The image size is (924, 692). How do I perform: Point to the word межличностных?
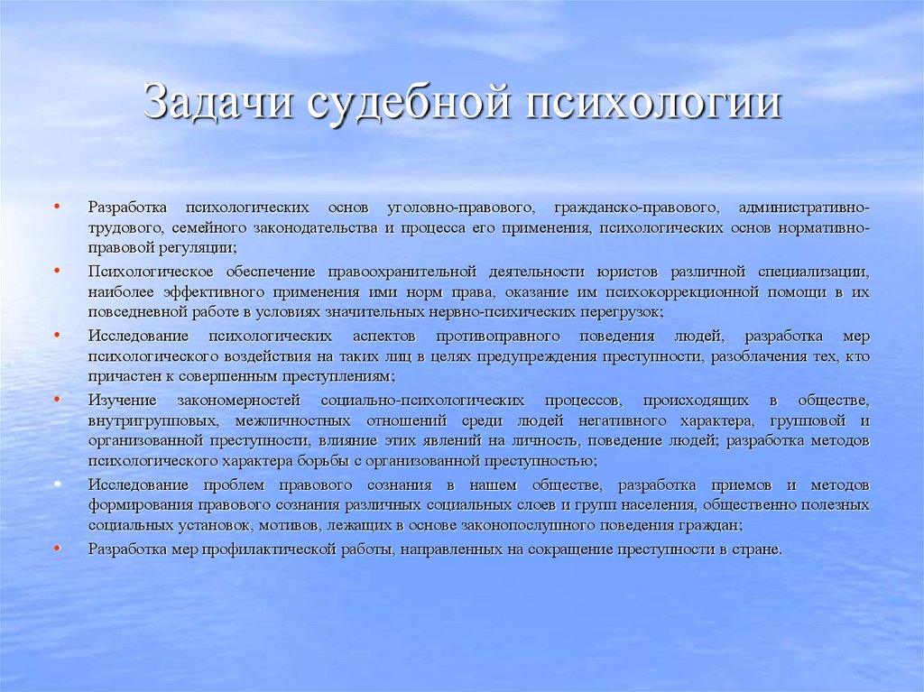tap(291, 420)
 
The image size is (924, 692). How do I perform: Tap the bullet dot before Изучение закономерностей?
tap(58, 399)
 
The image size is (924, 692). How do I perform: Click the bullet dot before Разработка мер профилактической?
tap(58, 549)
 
